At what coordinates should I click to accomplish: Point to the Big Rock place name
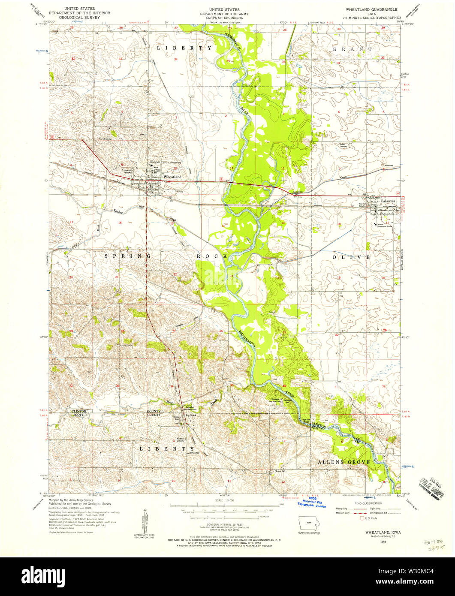point(190,415)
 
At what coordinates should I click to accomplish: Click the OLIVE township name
point(351,257)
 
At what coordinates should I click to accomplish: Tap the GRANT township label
point(353,49)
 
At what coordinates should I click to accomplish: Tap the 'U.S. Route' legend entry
point(372,518)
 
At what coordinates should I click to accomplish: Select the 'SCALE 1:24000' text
point(225,501)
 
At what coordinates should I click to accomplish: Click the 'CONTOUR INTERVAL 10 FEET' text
point(225,524)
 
